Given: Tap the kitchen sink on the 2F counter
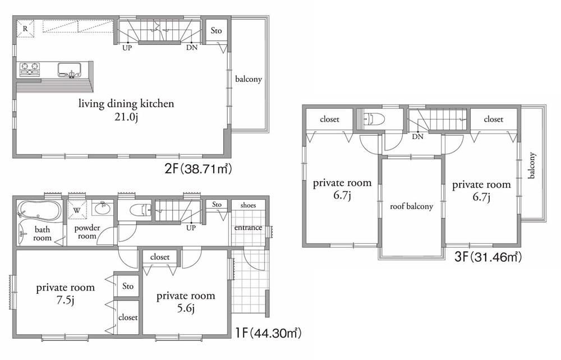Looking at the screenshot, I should point(70,70).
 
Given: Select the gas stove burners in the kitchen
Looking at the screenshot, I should point(30,70).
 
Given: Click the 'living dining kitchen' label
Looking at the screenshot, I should point(126,104).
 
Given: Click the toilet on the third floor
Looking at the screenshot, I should point(373,119).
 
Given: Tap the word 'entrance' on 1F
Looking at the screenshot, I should point(248,227).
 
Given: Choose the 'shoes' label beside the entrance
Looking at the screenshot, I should point(247,205).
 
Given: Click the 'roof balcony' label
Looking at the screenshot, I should point(412,206).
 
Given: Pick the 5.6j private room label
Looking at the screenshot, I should point(186,301).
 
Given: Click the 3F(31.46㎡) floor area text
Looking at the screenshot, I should point(489,257).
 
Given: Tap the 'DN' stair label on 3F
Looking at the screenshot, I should point(417,136).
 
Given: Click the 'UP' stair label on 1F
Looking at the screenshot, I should point(190,228).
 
